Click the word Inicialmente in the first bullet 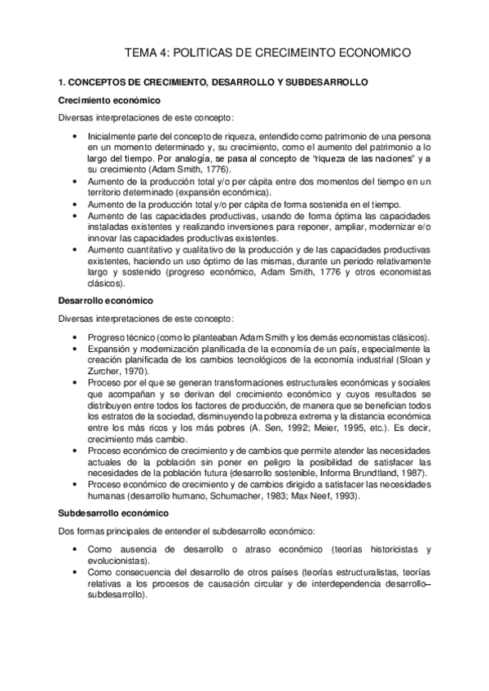pos(113,134)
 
